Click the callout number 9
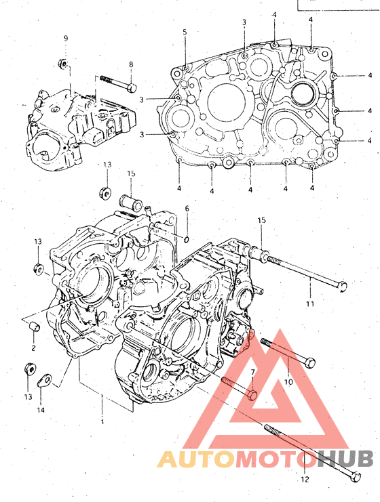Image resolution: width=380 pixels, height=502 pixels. [66, 39]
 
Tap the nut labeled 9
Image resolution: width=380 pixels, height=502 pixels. [63, 63]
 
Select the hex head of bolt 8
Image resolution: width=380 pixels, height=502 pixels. [132, 87]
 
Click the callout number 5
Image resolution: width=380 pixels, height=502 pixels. [185, 32]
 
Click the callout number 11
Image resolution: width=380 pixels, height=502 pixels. [310, 304]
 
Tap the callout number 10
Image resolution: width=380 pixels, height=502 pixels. [288, 381]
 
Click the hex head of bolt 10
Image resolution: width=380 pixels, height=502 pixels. [310, 363]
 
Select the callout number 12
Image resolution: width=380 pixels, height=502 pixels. [305, 479]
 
